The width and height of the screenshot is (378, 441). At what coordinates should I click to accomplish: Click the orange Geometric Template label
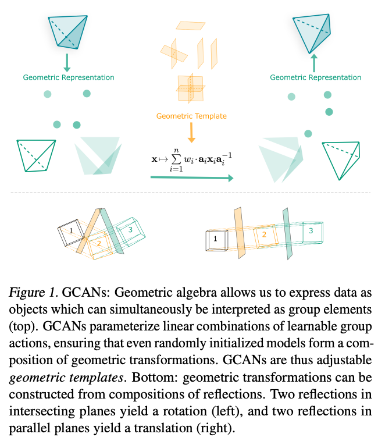[191, 116]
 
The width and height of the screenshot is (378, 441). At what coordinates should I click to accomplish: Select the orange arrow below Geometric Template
[191, 133]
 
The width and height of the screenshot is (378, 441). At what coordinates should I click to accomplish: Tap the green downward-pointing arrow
[67, 63]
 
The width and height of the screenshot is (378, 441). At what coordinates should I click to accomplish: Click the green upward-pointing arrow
[314, 63]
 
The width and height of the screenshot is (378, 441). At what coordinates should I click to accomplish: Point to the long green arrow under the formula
[192, 178]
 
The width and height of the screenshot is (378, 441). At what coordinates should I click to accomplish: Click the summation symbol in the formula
[176, 160]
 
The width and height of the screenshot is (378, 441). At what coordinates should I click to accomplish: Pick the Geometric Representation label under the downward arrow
[69, 77]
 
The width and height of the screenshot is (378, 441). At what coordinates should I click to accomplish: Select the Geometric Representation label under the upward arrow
[316, 77]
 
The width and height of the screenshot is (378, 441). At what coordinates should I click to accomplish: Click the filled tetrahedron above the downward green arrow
[67, 31]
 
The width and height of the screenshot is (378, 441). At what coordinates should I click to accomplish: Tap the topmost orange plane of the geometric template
[191, 26]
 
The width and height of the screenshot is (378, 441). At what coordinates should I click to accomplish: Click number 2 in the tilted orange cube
[99, 243]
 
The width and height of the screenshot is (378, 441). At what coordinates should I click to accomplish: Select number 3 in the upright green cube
[311, 231]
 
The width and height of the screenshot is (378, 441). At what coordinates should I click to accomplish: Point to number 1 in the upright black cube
[215, 239]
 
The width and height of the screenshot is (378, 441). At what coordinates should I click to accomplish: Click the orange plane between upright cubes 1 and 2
[240, 233]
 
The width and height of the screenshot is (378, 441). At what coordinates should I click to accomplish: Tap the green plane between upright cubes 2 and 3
[287, 233]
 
